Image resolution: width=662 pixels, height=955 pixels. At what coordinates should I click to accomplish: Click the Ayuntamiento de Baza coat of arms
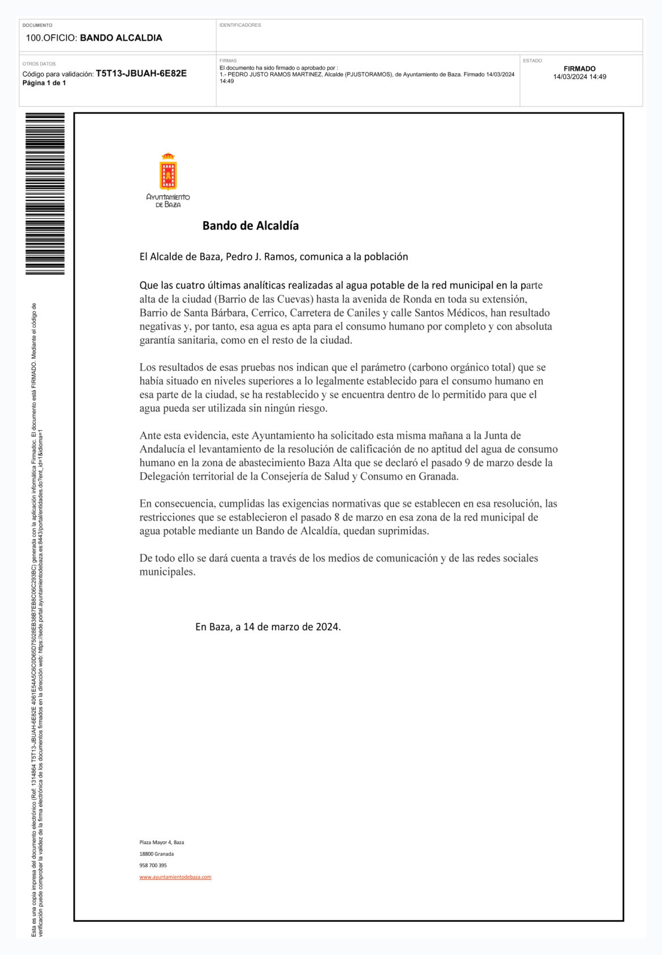click(x=168, y=171)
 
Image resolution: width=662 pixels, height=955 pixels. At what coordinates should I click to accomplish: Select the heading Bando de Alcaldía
click(x=250, y=226)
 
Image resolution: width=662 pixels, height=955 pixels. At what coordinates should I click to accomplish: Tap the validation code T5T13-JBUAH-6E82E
click(x=141, y=74)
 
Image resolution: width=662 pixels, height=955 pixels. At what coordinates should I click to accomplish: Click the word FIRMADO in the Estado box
click(x=579, y=68)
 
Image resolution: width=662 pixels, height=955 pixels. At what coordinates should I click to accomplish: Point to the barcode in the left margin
click(x=45, y=193)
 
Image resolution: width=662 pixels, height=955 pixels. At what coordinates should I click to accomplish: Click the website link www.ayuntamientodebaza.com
click(x=175, y=877)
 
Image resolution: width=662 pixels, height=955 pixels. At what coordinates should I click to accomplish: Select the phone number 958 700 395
click(x=153, y=866)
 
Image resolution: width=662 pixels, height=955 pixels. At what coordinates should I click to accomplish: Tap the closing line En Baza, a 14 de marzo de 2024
click(x=268, y=627)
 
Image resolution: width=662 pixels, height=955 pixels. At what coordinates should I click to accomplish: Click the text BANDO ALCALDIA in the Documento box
click(x=121, y=38)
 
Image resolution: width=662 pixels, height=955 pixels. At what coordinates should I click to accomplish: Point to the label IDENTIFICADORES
click(x=240, y=25)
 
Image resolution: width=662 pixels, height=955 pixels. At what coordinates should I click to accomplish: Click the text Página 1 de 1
click(x=44, y=83)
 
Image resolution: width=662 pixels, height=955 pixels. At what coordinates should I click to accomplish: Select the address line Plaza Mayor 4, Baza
click(x=162, y=842)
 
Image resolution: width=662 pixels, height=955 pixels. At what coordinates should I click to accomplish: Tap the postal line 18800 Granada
click(x=157, y=854)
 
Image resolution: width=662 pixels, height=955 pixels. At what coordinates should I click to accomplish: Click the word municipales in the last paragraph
click(x=167, y=572)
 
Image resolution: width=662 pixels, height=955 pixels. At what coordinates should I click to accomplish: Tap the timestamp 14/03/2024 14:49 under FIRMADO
click(x=579, y=77)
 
